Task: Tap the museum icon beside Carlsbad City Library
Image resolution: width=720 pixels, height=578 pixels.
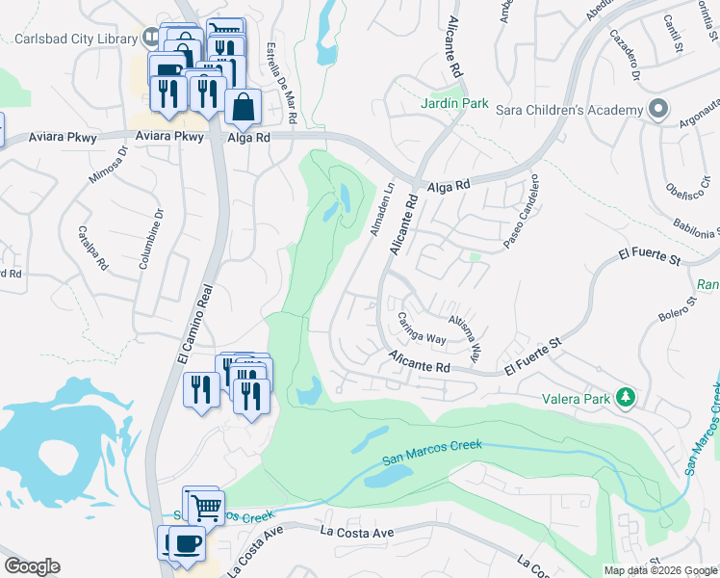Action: pos(151,39)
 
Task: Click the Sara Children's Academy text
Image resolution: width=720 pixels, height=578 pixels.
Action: pos(568,110)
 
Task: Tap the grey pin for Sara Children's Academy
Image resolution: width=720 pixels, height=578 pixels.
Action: pos(658,109)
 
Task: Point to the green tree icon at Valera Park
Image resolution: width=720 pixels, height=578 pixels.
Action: pos(627,396)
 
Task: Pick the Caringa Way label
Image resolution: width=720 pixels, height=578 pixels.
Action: pos(423,328)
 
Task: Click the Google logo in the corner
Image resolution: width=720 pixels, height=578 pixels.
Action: pos(32,566)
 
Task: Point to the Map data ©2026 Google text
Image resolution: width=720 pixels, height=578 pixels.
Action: pos(660,570)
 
